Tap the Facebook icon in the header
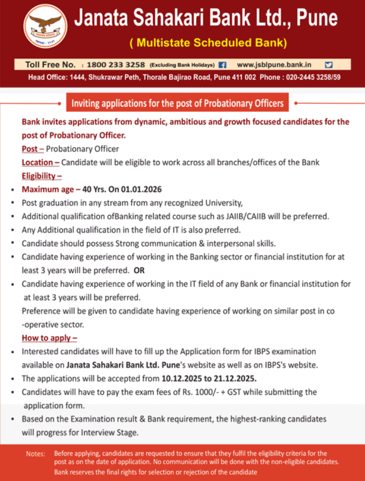tap(223, 65)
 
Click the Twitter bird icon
tap(329, 65)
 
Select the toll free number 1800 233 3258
tap(116, 65)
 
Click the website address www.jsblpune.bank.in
tap(274, 65)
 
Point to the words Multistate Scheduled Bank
tap(208, 43)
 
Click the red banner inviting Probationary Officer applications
tap(177, 102)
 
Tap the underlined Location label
tap(40, 163)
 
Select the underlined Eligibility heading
tap(41, 176)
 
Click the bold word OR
tap(139, 270)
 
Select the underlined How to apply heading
tap(49, 338)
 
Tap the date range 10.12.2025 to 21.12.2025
tap(209, 378)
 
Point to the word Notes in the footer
tap(36, 454)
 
